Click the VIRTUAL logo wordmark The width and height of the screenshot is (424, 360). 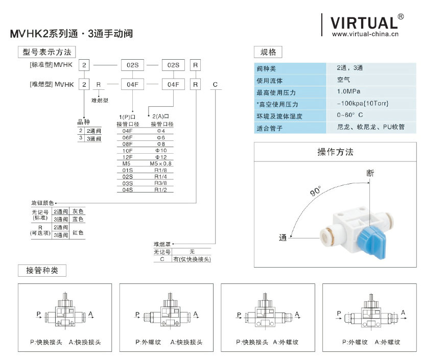pyautogui.click(x=363, y=23)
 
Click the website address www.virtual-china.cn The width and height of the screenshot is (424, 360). pyautogui.click(x=365, y=35)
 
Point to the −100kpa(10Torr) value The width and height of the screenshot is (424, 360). pyautogui.click(x=363, y=104)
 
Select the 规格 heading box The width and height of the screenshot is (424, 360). pyautogui.click(x=268, y=52)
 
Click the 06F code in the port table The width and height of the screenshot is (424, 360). pyautogui.click(x=127, y=138)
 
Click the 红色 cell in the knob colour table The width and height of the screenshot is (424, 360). pyautogui.click(x=78, y=232)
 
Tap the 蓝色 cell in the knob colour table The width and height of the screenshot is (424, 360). pyautogui.click(x=78, y=219)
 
